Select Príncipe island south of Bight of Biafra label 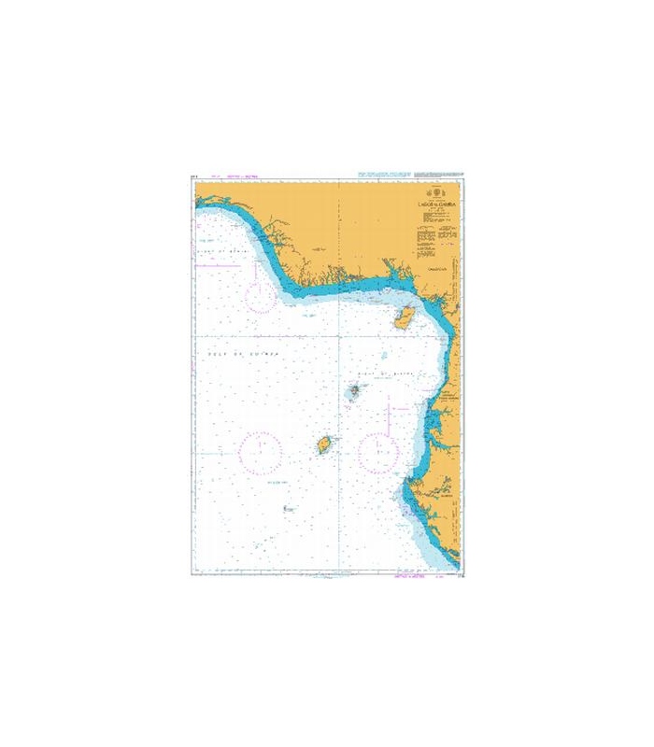[x=356, y=392]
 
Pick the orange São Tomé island [x=325, y=444]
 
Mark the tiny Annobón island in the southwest [x=288, y=509]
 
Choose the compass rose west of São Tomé [x=261, y=452]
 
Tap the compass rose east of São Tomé [x=380, y=452]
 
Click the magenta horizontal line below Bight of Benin [x=217, y=265]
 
